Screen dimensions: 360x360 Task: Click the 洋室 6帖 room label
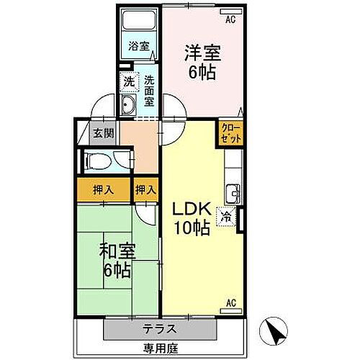coord(201,63)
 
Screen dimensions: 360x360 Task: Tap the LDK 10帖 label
coord(191,218)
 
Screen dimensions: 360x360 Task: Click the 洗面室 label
coord(149,90)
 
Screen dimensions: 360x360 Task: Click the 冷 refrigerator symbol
coord(226,215)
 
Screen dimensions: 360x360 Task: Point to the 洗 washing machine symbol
coord(128,82)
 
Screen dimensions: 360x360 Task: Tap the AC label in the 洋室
coord(230,20)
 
